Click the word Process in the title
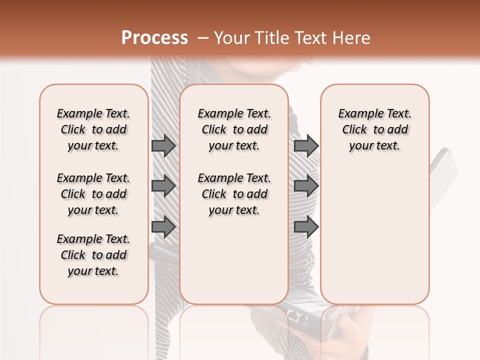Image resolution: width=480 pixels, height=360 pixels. click(x=154, y=38)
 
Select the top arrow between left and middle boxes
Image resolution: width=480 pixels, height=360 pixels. click(x=163, y=145)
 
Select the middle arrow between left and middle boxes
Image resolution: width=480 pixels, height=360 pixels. click(x=163, y=186)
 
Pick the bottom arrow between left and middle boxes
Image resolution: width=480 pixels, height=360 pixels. click(x=163, y=226)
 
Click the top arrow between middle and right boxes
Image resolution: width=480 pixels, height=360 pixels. click(x=306, y=145)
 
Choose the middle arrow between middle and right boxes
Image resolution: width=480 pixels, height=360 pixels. click(x=306, y=186)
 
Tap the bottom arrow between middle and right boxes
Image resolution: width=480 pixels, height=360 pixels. click(x=306, y=226)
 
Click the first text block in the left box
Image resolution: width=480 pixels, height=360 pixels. click(x=93, y=129)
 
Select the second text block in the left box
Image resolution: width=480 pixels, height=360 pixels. click(x=93, y=194)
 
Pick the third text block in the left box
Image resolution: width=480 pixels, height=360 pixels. click(x=93, y=255)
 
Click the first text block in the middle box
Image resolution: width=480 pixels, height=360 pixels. click(x=234, y=129)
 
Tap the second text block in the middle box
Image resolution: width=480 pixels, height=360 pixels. click(x=234, y=194)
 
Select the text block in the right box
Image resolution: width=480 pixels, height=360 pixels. click(x=374, y=129)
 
